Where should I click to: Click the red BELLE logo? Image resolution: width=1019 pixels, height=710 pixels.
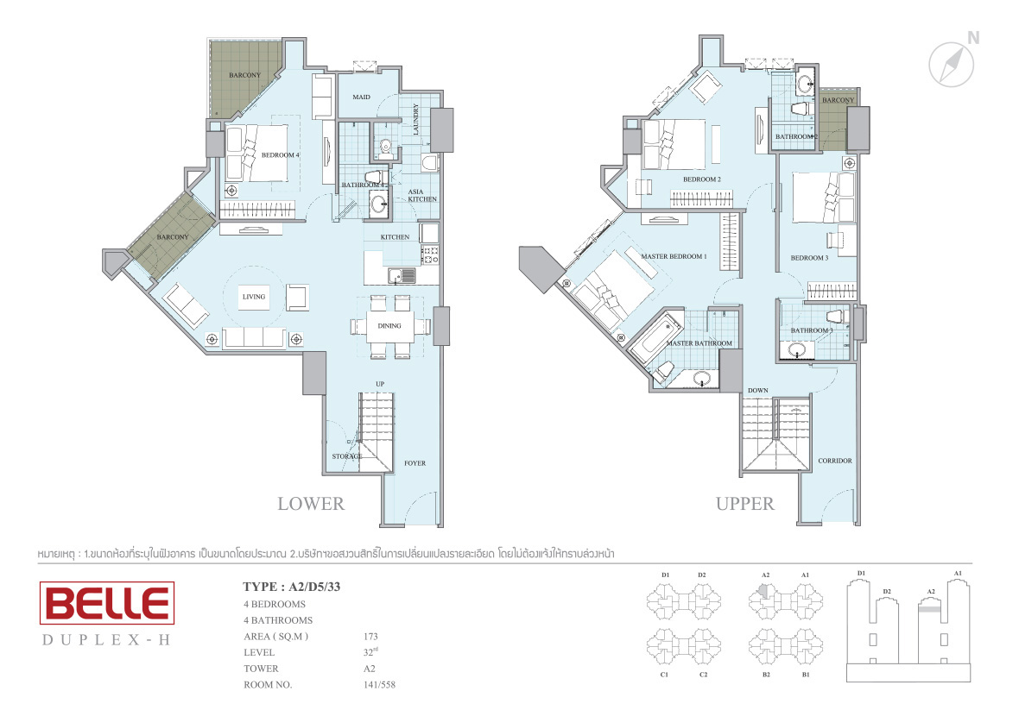coord(107,603)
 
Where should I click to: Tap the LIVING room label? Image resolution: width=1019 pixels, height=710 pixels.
coord(253,297)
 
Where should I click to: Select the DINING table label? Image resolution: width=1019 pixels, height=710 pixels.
coord(389,326)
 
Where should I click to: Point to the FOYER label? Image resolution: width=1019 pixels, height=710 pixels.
coord(415,463)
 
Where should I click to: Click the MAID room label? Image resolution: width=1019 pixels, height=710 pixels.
coord(361,97)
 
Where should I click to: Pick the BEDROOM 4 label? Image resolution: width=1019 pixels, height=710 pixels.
coord(280,155)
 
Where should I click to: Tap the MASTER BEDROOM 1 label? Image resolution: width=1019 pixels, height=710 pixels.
coord(674,256)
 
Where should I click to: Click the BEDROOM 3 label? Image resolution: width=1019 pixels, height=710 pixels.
coord(809,258)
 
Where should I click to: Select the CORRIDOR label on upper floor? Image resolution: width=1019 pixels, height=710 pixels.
coord(834,461)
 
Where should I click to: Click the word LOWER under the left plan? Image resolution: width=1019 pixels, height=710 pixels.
coord(311,504)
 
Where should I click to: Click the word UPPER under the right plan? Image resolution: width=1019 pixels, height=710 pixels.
coord(744,504)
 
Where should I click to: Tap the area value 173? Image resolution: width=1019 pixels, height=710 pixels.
coord(370,637)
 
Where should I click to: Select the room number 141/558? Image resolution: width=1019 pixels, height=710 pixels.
coord(379,685)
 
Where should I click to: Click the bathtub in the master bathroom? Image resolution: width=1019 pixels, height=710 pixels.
coord(655,336)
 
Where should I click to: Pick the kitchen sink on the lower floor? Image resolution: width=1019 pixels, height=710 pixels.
coord(402,276)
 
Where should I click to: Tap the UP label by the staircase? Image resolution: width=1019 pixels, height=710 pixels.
coord(379,384)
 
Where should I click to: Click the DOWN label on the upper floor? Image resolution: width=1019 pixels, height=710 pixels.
coord(757,391)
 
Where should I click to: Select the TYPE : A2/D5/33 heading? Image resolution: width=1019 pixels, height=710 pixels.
coord(291,587)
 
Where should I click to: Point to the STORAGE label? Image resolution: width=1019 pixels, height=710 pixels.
coord(347,457)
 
